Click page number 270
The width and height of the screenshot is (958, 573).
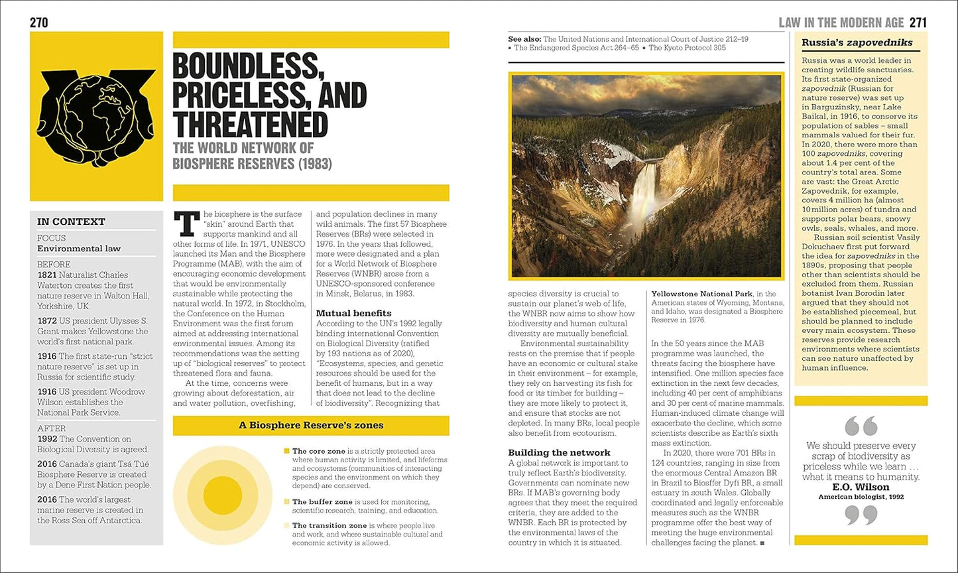click(x=39, y=23)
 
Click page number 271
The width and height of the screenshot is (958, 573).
click(x=918, y=23)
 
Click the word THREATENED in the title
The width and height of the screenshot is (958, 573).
click(x=250, y=126)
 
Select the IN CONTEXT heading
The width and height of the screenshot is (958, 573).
click(x=71, y=222)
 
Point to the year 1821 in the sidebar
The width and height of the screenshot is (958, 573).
click(x=46, y=275)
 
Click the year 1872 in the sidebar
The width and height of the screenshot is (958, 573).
click(x=46, y=321)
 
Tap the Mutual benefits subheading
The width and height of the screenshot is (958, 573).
click(x=353, y=313)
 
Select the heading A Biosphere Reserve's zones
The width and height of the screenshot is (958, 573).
click(x=311, y=425)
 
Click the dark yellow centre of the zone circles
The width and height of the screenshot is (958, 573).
click(x=222, y=495)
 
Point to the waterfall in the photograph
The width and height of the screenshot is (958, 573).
click(x=641, y=198)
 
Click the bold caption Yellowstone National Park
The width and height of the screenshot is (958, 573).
click(x=701, y=294)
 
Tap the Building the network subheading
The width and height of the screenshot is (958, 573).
click(x=559, y=453)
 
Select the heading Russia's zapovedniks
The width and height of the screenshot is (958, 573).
click(x=857, y=43)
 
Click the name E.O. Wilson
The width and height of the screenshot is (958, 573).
click(x=861, y=487)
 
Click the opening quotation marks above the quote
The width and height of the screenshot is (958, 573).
click(x=861, y=425)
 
